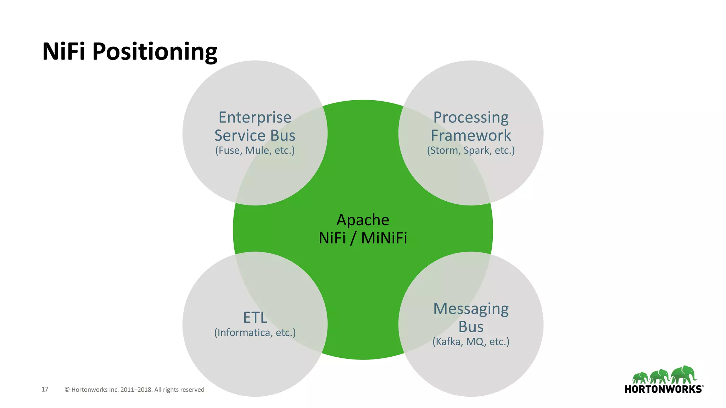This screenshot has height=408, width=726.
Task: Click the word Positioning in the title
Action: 155,52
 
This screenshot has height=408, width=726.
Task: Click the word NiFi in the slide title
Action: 64,52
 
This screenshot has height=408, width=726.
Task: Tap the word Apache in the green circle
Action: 363,220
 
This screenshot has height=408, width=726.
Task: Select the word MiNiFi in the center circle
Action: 384,238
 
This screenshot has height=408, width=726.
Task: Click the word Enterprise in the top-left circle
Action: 255,117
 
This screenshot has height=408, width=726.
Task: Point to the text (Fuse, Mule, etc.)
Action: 255,151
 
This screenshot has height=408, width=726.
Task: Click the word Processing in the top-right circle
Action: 471,117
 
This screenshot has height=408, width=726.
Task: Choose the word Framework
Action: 471,135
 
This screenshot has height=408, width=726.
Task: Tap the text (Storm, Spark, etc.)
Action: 471,151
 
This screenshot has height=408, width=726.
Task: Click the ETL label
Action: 255,317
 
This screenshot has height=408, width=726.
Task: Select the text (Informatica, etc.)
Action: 255,333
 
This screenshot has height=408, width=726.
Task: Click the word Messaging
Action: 471,309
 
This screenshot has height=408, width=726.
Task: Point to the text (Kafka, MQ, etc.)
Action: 471,342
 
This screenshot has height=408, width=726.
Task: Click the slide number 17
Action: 45,389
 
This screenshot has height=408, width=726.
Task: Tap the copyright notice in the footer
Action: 134,390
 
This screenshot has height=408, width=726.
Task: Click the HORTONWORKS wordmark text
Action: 663,389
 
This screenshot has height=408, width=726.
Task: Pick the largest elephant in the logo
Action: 684,375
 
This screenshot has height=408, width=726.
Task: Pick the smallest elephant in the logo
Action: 640,378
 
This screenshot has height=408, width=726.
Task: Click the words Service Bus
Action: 255,135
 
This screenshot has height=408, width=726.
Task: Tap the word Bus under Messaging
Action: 471,327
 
